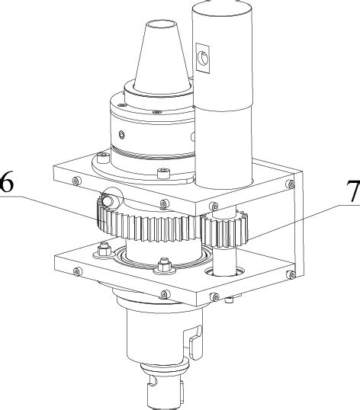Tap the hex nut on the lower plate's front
[162, 267]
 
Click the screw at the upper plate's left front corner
[76, 181]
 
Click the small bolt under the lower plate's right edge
[230, 299]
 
